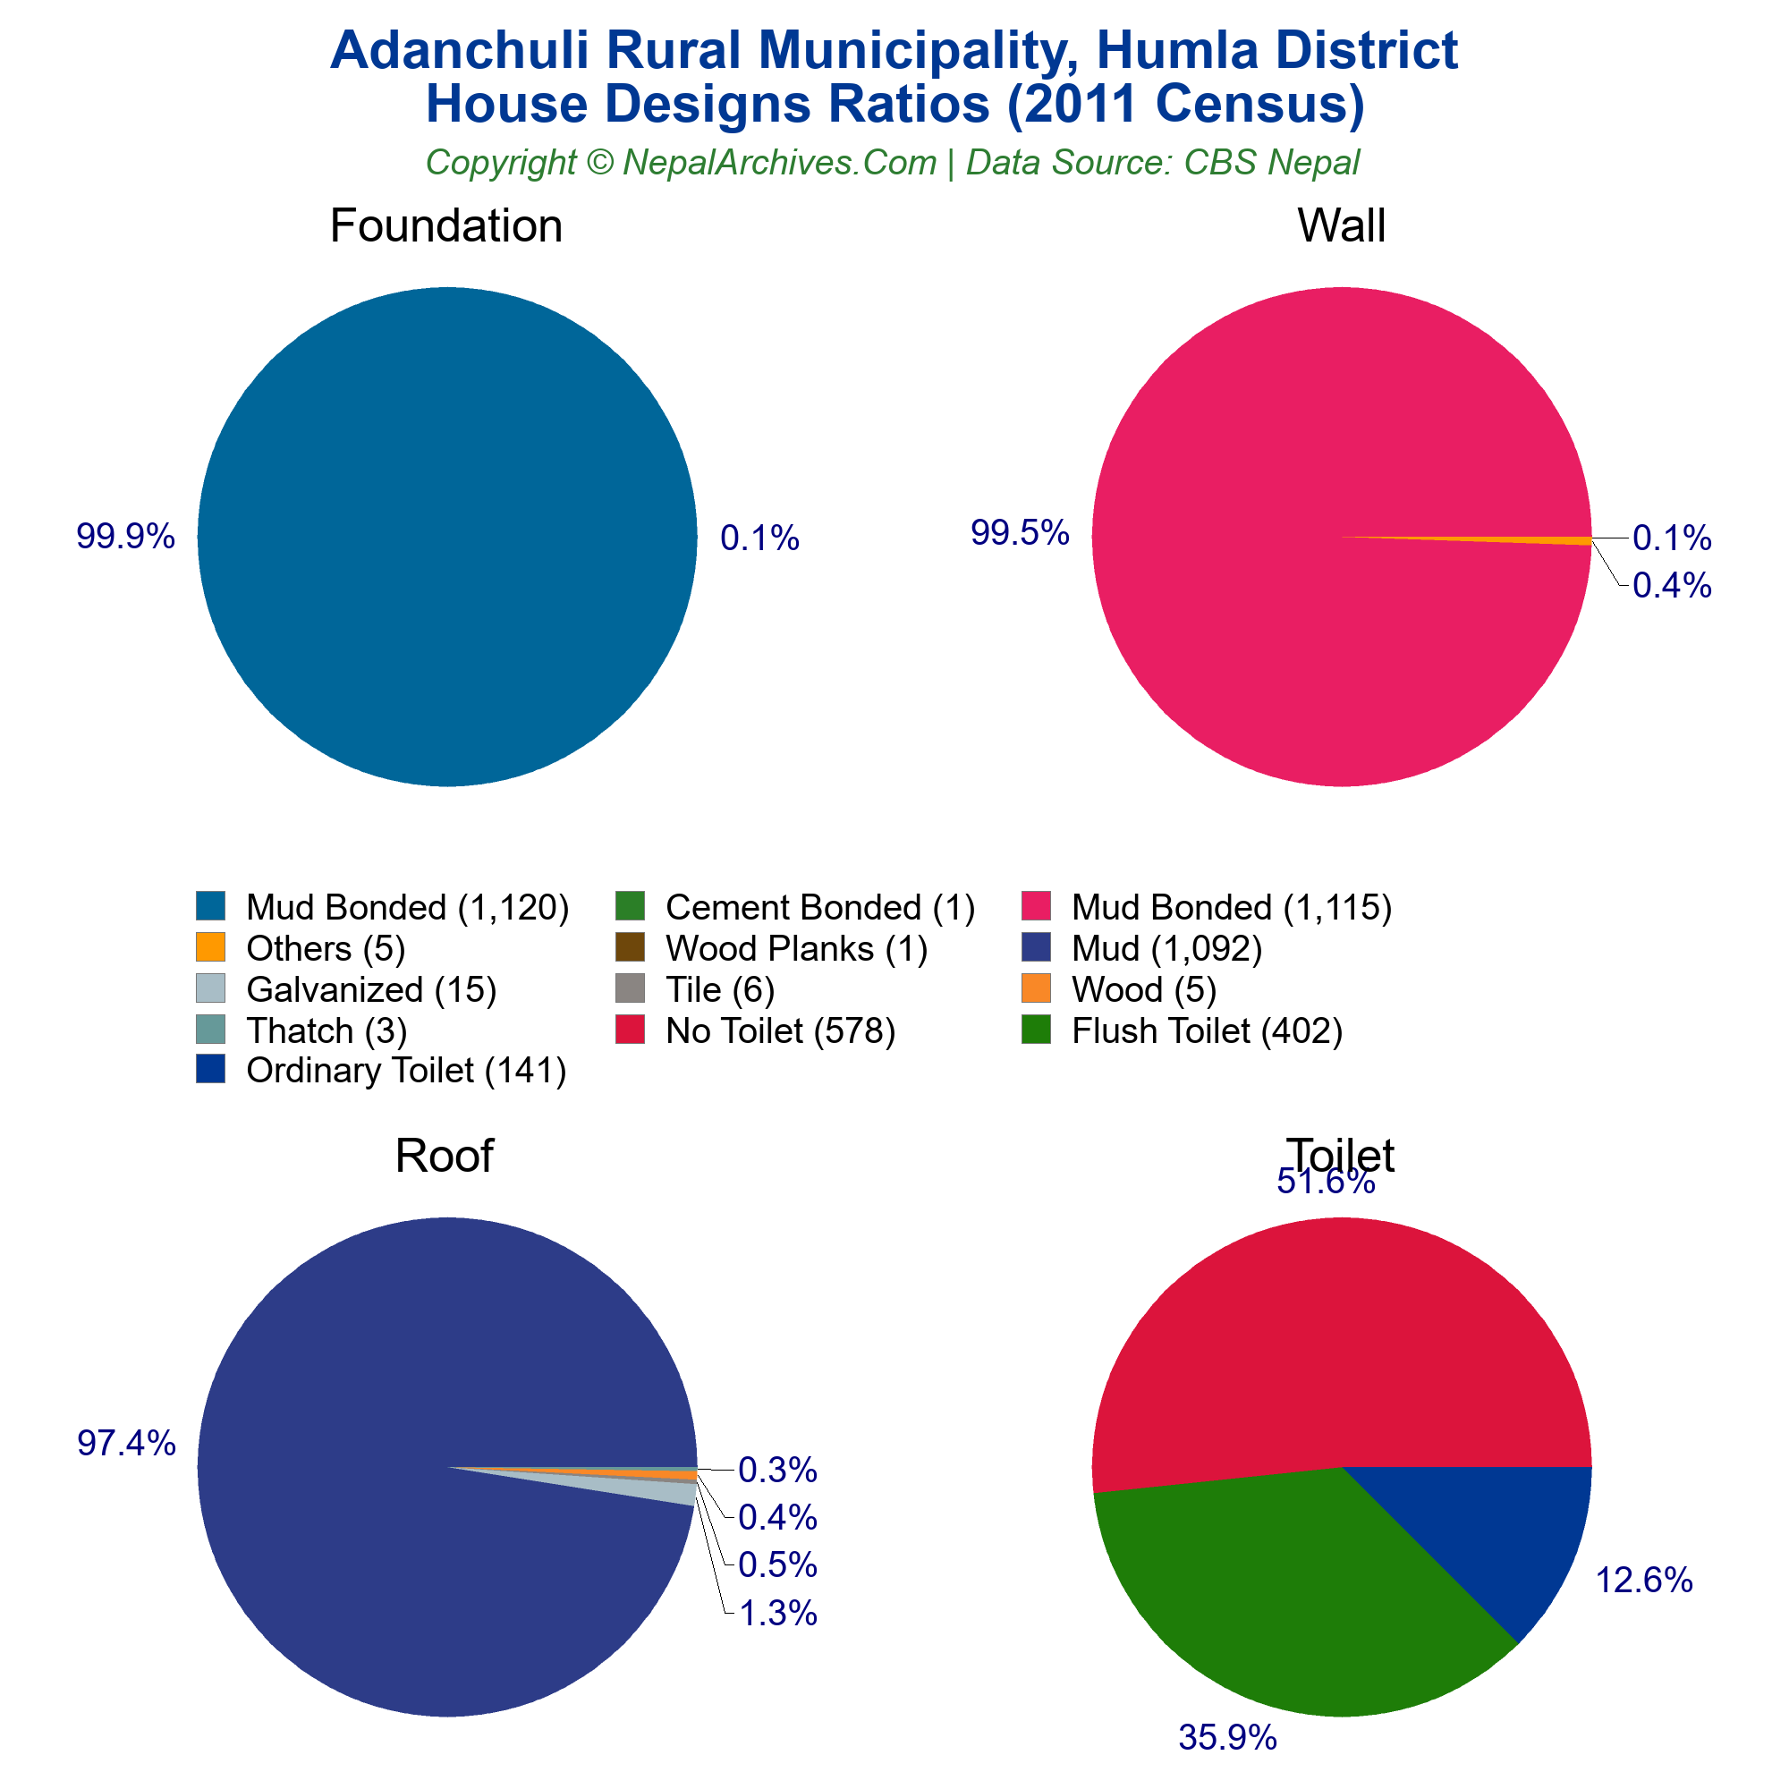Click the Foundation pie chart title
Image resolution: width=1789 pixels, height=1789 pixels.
coord(445,226)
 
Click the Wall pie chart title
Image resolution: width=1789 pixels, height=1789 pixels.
coord(1341,226)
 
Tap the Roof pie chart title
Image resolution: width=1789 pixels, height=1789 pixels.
coord(444,1156)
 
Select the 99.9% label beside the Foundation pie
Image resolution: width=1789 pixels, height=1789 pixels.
coord(125,536)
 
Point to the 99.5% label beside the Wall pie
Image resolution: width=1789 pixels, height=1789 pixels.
coord(1020,532)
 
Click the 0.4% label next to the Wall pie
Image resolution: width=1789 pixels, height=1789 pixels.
coord(1672,585)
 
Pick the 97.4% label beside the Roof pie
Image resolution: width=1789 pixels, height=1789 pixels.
coord(126,1444)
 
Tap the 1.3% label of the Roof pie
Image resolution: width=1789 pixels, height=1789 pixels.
coord(778,1614)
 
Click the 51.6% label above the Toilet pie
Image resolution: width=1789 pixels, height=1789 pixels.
coord(1325,1183)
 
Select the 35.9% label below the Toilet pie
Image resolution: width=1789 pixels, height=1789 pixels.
coord(1227,1738)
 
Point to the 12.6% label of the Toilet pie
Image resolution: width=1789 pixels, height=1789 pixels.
coord(1643,1581)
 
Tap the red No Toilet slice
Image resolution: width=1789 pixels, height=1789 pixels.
coord(1334,1343)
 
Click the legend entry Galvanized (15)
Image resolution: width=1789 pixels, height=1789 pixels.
coord(370,990)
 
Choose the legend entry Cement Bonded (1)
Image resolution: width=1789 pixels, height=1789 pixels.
coord(819,907)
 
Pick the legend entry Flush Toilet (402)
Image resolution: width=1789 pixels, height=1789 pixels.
coord(1207,1030)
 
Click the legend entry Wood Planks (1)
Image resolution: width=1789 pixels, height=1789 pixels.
coord(795,949)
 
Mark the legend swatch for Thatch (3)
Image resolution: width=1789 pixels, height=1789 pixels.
coord(211,1030)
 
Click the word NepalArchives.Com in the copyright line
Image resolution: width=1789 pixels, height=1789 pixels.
coord(779,163)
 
